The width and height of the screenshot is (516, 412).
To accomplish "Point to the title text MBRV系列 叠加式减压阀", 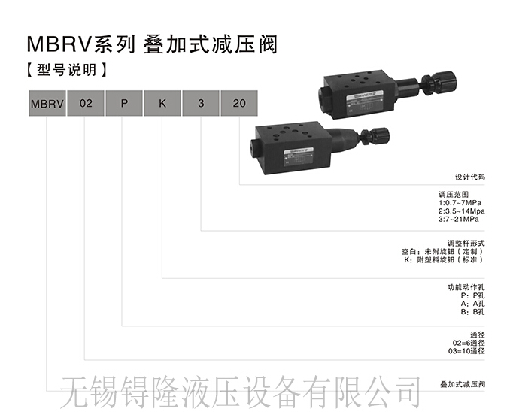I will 151,44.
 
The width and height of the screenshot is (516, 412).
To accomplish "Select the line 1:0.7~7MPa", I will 461,203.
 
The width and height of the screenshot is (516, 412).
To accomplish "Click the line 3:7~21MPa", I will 461,219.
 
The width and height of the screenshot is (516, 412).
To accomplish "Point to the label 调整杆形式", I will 466,243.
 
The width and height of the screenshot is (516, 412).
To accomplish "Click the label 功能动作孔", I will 466,287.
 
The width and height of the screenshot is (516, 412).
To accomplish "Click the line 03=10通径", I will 466,351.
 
